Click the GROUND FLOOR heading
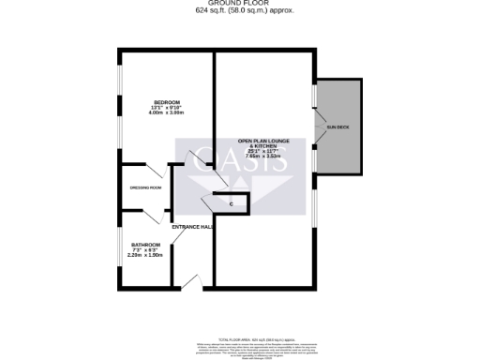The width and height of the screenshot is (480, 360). point(240,4)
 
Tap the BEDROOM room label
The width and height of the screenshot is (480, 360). point(167,101)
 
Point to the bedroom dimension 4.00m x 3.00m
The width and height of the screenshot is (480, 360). point(167,112)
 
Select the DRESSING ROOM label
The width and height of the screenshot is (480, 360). point(146,187)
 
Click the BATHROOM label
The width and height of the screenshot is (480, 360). point(145,245)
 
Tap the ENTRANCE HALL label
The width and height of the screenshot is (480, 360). point(193,227)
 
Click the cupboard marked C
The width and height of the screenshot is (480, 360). point(231,203)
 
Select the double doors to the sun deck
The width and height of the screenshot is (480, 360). point(315,127)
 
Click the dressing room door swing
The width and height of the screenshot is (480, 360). point(157,172)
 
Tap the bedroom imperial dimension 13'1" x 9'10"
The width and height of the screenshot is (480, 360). point(167,107)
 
